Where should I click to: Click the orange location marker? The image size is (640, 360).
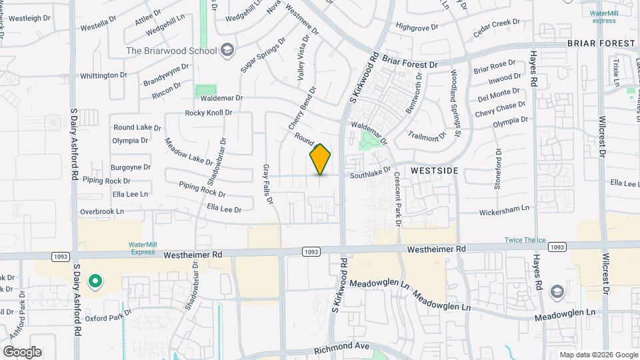coord(320,159)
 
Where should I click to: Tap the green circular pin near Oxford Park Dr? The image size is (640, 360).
coord(95,281)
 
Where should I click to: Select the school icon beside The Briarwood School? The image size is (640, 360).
coord(227,51)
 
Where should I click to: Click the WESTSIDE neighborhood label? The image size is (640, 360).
coord(434,171)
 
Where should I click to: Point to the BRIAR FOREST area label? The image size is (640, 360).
coord(602,43)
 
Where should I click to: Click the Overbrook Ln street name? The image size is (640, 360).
coord(102,211)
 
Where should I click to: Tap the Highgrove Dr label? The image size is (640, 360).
coord(416,27)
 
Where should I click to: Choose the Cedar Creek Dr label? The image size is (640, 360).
coord(496,27)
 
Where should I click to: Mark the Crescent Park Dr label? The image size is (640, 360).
coord(397,199)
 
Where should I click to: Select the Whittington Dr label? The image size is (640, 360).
coord(103,75)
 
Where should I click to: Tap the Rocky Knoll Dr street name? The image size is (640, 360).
coord(208,113)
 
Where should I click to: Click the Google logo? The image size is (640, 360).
coord(22,352)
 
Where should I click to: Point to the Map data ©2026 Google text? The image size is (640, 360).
coord(598,355)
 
